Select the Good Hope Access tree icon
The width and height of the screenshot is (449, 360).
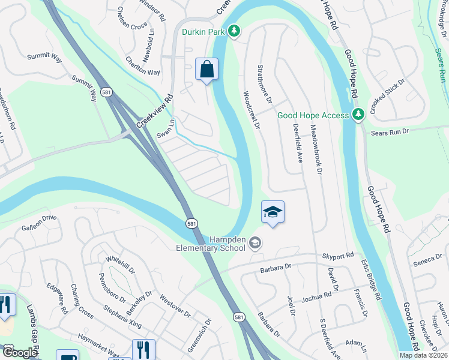tap(358, 113)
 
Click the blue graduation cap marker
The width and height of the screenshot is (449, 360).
tap(273, 212)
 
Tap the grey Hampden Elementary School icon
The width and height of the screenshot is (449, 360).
tap(255, 242)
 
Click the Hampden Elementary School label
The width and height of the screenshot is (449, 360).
tap(211, 244)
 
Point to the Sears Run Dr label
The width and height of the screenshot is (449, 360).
tap(390, 131)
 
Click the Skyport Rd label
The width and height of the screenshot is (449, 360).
tap(337, 256)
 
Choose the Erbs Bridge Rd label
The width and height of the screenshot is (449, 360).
tap(370, 280)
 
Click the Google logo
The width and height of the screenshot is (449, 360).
tap(20, 353)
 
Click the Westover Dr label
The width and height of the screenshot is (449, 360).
tap(175, 306)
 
